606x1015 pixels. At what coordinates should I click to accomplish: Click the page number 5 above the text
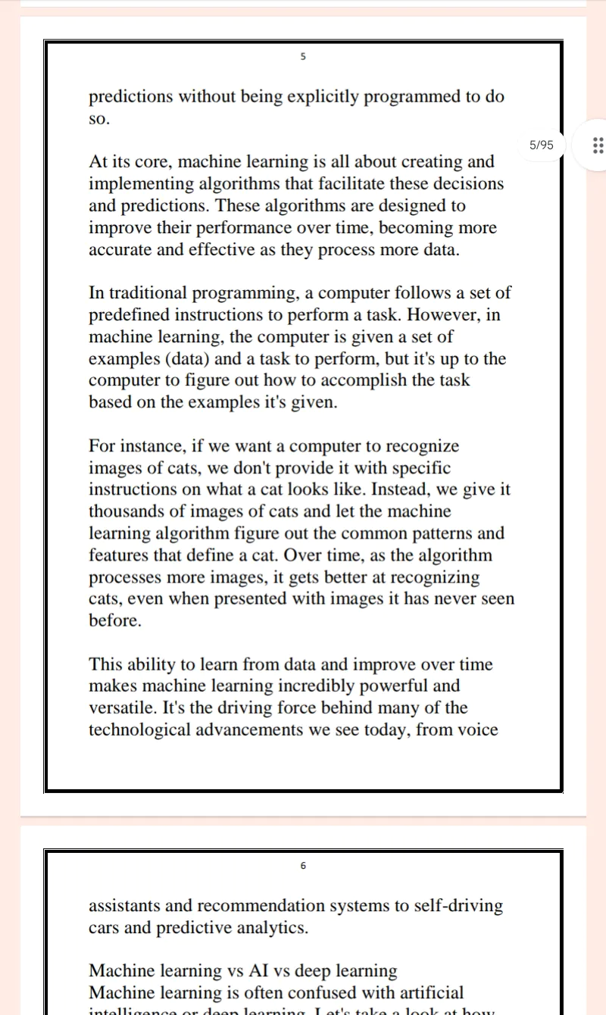(303, 57)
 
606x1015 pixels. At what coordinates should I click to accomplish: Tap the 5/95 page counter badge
(541, 145)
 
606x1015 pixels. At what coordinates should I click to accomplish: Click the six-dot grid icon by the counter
(598, 145)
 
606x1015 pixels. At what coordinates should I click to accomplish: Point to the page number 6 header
(303, 866)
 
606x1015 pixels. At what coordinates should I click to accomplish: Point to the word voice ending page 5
(477, 730)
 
